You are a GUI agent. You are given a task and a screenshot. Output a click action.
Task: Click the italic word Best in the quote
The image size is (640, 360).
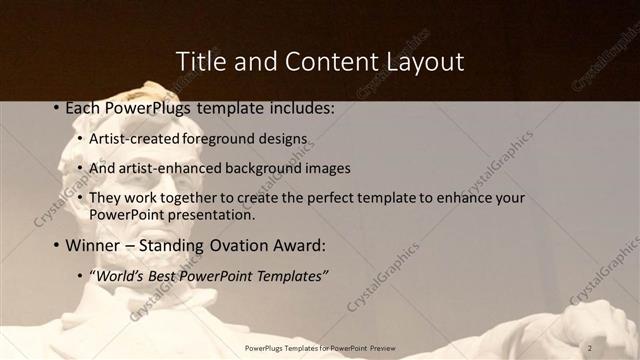pos(165,275)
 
